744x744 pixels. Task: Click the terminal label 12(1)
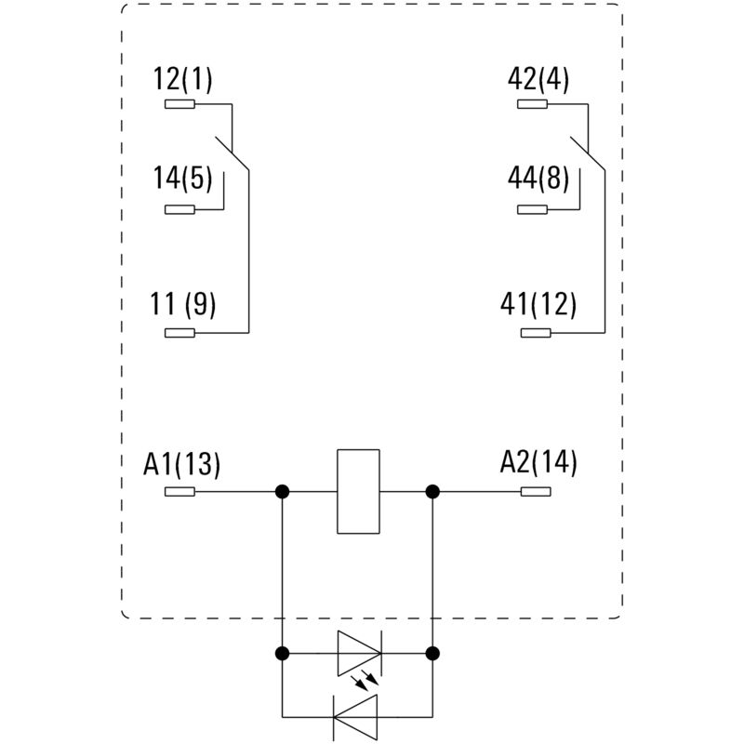click(x=183, y=80)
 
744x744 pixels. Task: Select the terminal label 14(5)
click(x=183, y=178)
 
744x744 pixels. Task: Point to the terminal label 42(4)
click(x=538, y=80)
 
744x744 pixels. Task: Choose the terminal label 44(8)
click(x=538, y=178)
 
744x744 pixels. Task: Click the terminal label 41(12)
click(x=538, y=303)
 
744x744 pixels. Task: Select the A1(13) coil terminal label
click(x=182, y=462)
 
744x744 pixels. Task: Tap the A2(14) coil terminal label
click(x=538, y=462)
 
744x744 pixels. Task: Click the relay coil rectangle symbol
click(x=358, y=492)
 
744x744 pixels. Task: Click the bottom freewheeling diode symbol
click(x=359, y=717)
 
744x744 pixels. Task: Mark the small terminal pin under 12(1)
click(x=179, y=104)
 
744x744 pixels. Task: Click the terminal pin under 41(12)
click(x=536, y=333)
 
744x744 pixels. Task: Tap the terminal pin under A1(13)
click(x=179, y=492)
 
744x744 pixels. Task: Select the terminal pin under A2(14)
click(x=536, y=492)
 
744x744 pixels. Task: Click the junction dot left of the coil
click(x=282, y=492)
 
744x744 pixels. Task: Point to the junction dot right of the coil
click(x=432, y=492)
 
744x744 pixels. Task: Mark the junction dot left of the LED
click(x=282, y=653)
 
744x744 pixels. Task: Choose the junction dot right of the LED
click(x=432, y=653)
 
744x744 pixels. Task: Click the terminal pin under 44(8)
click(x=532, y=209)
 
